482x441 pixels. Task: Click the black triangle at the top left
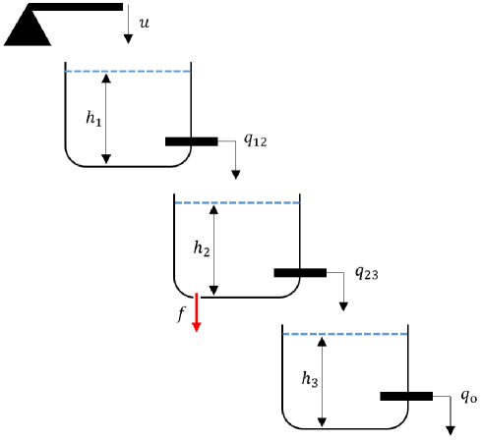pyautogui.click(x=27, y=30)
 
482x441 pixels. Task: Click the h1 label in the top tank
pyautogui.click(x=92, y=118)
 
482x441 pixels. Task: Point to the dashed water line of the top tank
pyautogui.click(x=127, y=71)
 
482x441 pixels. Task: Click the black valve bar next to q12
pyautogui.click(x=191, y=141)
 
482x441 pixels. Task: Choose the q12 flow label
pyautogui.click(x=254, y=140)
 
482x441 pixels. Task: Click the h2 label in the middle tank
pyautogui.click(x=201, y=249)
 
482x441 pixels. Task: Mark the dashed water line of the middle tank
pyautogui.click(x=236, y=202)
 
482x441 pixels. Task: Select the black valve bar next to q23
pyautogui.click(x=299, y=272)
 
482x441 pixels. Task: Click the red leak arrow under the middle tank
pyautogui.click(x=197, y=312)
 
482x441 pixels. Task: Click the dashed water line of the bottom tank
pyautogui.click(x=344, y=334)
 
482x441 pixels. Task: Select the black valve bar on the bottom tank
pyautogui.click(x=406, y=397)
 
